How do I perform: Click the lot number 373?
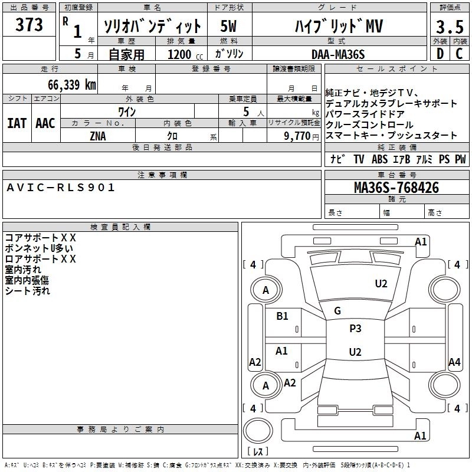point(29,25)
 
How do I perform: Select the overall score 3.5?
point(449,27)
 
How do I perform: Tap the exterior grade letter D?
point(439,54)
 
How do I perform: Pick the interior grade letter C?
point(459,54)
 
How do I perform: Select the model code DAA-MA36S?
point(338,54)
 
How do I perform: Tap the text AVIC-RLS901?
point(61,188)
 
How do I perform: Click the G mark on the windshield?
point(337,311)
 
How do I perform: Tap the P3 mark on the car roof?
point(355,329)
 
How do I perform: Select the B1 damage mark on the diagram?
point(282,316)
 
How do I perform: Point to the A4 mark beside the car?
point(454,362)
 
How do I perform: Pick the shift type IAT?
point(17,123)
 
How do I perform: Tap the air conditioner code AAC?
point(45,123)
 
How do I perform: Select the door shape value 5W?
point(230,27)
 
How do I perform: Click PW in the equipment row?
point(460,159)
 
